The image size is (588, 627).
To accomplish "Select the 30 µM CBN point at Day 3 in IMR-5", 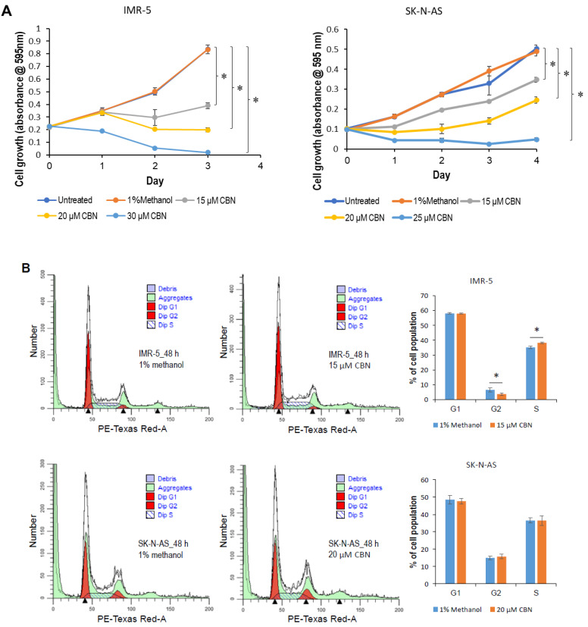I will click(207, 152).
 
